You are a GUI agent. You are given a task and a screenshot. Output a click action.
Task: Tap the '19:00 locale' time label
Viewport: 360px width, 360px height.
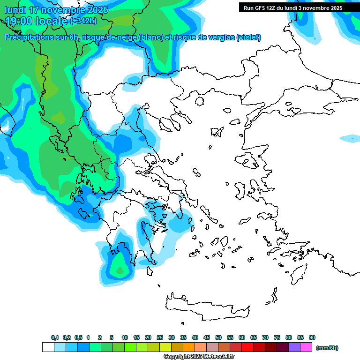[36, 21]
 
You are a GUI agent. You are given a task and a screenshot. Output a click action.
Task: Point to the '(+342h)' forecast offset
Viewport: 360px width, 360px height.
[83, 21]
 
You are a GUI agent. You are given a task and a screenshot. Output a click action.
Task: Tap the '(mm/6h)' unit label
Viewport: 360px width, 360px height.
[327, 348]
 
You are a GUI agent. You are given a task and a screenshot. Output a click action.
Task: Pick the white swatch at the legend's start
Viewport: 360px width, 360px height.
[48, 347]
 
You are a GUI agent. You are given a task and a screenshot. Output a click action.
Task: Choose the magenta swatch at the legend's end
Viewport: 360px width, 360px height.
[306, 347]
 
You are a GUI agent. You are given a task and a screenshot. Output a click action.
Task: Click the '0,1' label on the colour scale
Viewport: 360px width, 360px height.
[55, 337]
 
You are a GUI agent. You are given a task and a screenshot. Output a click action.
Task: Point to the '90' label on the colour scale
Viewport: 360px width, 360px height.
[312, 337]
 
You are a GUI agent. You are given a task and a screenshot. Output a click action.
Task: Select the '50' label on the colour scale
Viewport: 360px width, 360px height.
[218, 337]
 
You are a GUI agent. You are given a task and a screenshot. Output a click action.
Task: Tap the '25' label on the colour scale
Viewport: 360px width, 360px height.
[160, 337]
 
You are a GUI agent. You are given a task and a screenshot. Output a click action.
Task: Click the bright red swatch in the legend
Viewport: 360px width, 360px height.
[247, 347]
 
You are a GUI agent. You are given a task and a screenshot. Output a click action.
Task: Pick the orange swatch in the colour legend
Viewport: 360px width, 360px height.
[189, 347]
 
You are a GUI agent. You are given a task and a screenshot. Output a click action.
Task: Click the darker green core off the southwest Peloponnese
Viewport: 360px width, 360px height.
[120, 270]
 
